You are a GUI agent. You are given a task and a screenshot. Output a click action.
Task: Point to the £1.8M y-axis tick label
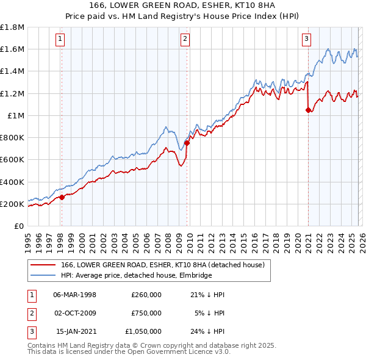[12, 27]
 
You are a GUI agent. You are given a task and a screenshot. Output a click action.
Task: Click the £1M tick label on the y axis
[15, 115]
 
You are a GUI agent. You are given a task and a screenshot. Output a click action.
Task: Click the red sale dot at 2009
[187, 143]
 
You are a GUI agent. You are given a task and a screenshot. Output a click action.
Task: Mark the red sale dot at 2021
[308, 110]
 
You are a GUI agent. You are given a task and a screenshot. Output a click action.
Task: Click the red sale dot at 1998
[62, 197]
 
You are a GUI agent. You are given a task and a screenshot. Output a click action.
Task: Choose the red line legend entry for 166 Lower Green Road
[162, 265]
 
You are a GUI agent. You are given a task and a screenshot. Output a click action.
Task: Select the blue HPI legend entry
[135, 275]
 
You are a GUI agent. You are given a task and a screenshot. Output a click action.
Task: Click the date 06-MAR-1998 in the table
[74, 295]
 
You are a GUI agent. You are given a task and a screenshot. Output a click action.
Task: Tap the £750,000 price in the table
[146, 313]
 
